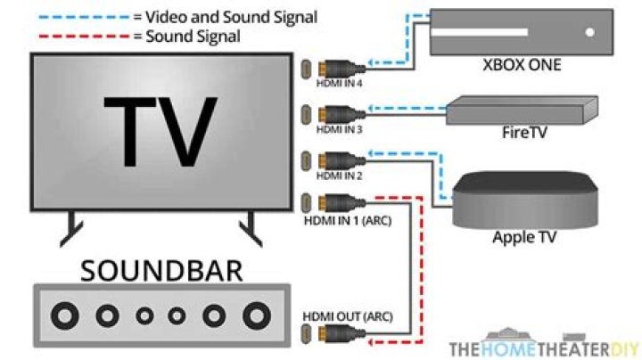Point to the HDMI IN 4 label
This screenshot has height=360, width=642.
340,82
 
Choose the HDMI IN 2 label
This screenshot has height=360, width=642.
340,176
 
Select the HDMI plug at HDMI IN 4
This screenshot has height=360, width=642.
335,68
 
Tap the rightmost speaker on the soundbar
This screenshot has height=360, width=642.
257,315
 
